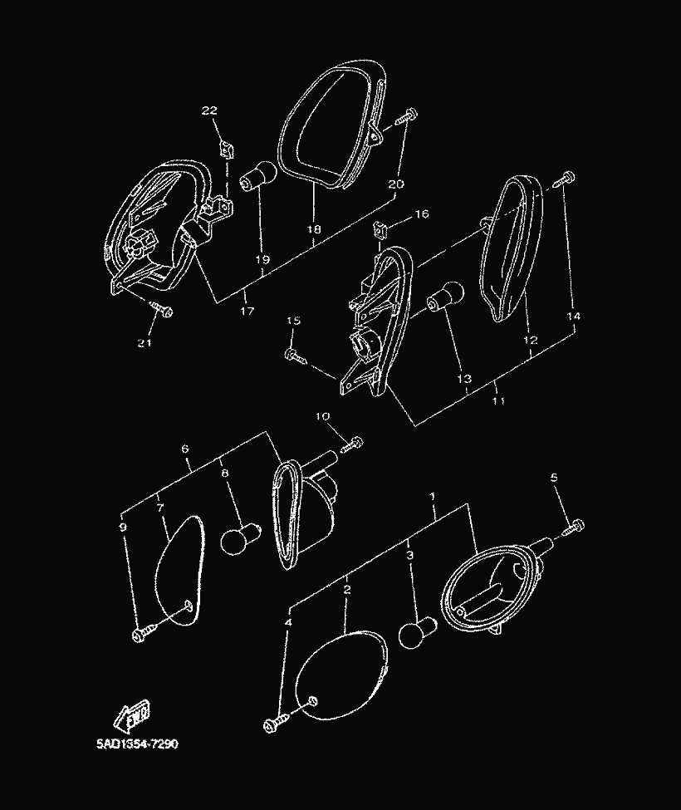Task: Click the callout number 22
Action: click(x=209, y=110)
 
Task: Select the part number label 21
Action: click(x=145, y=343)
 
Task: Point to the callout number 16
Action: click(x=422, y=214)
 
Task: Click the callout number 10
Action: click(x=323, y=416)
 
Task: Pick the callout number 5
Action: click(x=554, y=478)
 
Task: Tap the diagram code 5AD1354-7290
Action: click(x=137, y=744)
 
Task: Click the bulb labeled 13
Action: click(x=444, y=297)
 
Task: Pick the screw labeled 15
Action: click(x=296, y=357)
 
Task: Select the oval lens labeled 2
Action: click(x=340, y=675)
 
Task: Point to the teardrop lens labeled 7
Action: click(x=180, y=570)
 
